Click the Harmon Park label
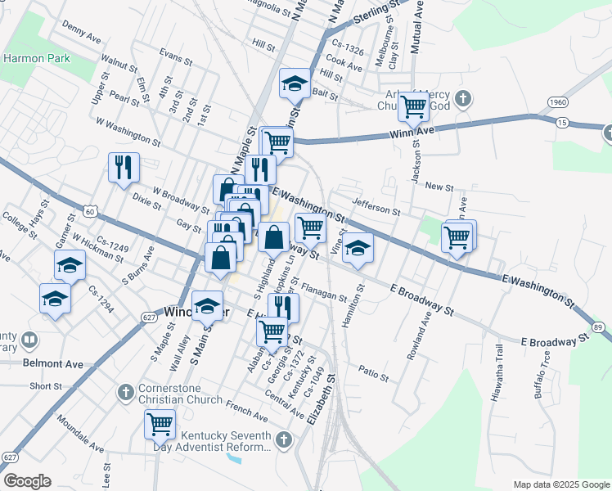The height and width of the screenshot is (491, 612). pos(36,58)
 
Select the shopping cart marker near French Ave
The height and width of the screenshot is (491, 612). pos(160,424)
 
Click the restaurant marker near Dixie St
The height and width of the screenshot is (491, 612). pos(124,167)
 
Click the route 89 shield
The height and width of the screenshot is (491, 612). pos(598,327)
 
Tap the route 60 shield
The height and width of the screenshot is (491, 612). pos(90,212)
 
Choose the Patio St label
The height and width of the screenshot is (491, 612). pos(373,372)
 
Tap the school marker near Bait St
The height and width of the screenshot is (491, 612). pos(295,83)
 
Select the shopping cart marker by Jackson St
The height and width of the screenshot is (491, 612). pos(413,105)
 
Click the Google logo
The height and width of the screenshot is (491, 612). pos(27,481)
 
